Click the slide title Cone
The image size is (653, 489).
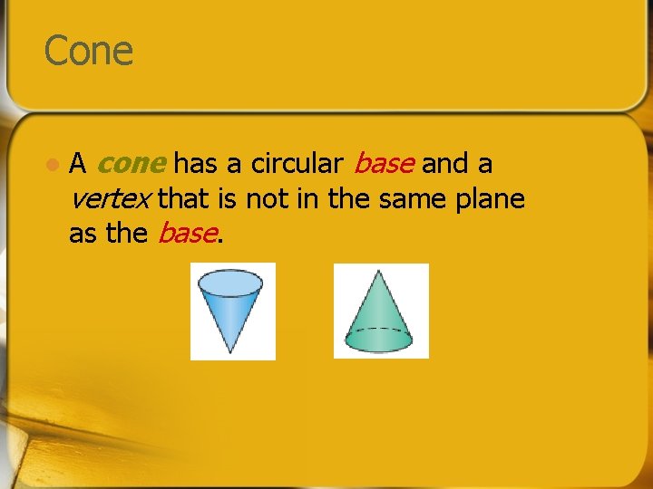point(89,51)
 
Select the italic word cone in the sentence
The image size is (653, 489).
point(131,164)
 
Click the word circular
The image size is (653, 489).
point(297,164)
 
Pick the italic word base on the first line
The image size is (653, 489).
point(384,164)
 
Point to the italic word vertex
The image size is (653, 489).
point(110,198)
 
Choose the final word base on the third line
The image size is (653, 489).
point(187,233)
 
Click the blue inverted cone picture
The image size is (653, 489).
point(232,311)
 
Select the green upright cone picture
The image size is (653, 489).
point(381,311)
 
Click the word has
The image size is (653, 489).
point(196,164)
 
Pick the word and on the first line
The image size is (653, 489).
point(443,164)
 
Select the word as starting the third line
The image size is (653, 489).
point(82,233)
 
